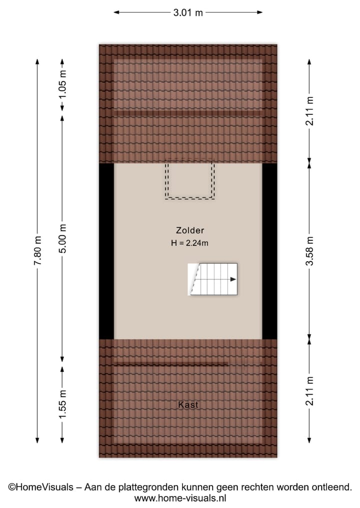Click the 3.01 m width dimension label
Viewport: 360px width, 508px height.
point(188,13)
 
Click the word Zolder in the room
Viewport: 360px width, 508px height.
point(189,231)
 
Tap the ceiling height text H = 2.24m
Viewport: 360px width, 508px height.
point(189,243)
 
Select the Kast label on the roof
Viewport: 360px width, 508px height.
point(188,405)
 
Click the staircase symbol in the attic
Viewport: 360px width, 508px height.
point(212,279)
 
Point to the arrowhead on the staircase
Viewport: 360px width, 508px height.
point(233,279)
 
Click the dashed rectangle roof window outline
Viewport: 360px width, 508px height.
point(190,179)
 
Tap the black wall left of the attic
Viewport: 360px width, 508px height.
point(106,251)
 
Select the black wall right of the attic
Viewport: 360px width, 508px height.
point(269,251)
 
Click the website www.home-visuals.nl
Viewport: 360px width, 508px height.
point(180,498)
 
